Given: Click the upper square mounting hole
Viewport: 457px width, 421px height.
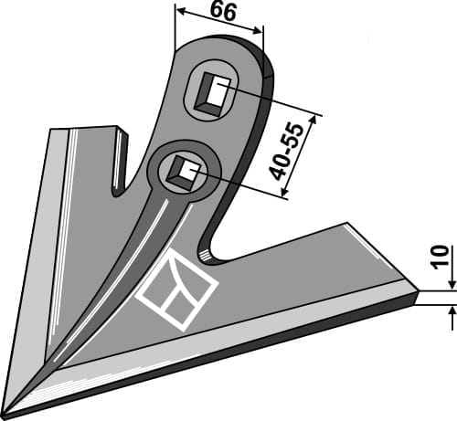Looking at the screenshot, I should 217,91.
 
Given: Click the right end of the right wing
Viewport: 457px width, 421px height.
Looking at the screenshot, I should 413,295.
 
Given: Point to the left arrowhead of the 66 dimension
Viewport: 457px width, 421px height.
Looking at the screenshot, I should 179,13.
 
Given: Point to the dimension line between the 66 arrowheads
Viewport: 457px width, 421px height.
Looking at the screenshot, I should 219,20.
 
